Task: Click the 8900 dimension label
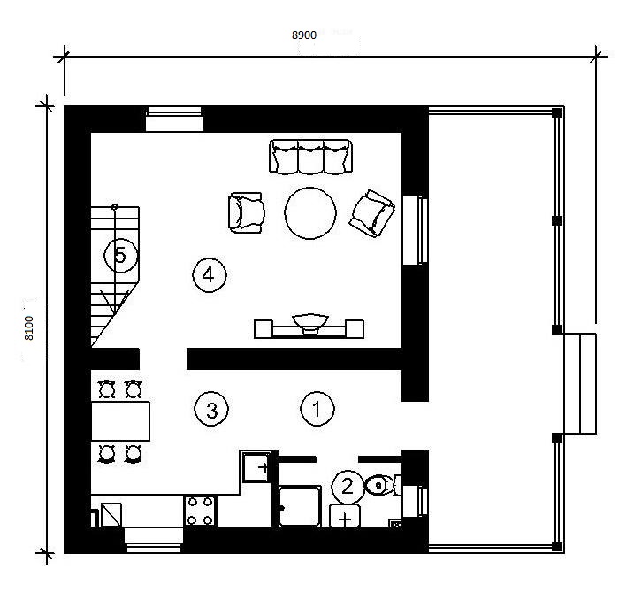coord(304,35)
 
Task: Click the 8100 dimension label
coord(29,328)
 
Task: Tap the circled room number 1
coord(317,409)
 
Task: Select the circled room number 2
coord(347,487)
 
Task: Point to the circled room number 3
coord(211,409)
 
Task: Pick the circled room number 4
coord(210,275)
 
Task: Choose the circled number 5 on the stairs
coord(120,255)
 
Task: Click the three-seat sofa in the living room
coord(310,157)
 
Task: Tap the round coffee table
coord(310,213)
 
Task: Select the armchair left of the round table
coord(246,212)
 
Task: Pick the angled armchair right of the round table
coord(372,213)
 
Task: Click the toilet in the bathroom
coord(382,485)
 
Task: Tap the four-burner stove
coord(200,511)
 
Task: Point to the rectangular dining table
coord(120,420)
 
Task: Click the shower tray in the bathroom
coord(299,506)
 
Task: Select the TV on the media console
coord(309,324)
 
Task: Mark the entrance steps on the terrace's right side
coord(579,383)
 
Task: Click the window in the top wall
coord(174,119)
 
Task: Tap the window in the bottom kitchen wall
coord(154,540)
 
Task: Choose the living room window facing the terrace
coord(415,231)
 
